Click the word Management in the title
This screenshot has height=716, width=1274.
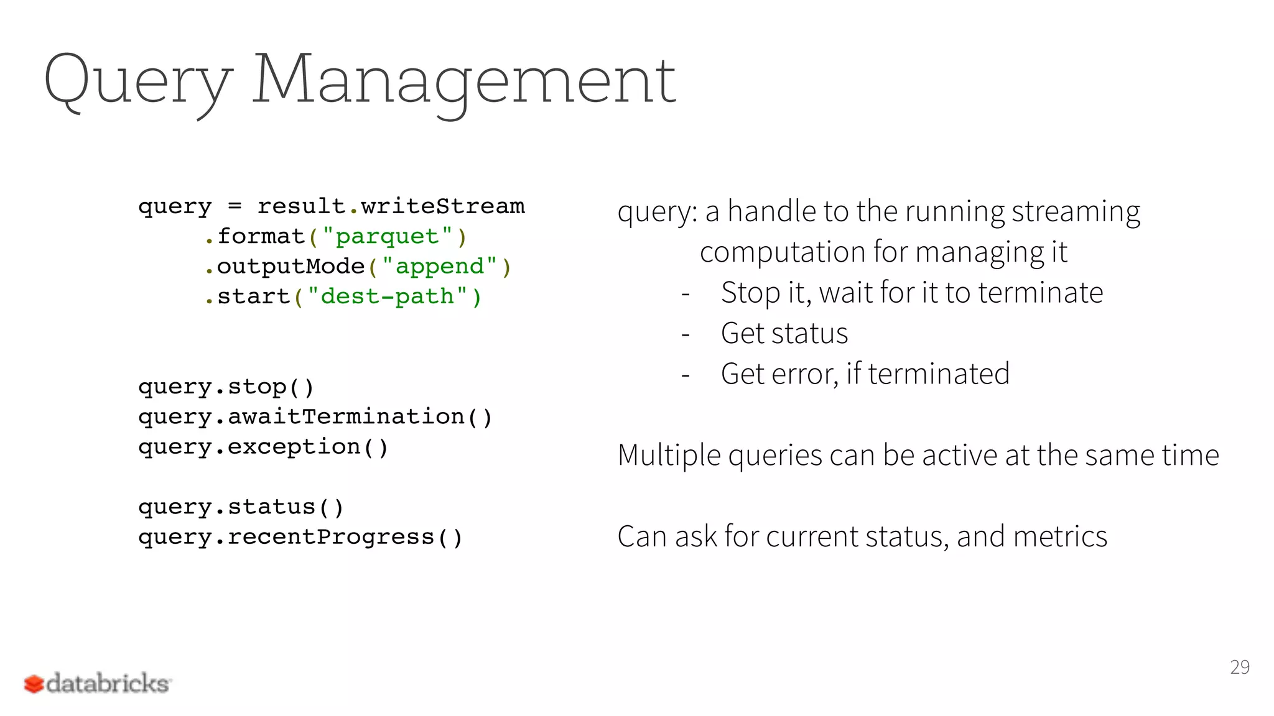pos(463,81)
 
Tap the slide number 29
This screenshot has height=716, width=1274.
pos(1239,667)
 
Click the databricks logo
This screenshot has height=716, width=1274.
pos(97,683)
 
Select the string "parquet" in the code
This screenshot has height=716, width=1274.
pos(387,237)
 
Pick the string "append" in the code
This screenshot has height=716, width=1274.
pos(439,267)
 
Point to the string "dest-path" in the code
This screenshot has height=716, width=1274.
pos(387,296)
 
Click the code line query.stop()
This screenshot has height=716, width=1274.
pos(226,387)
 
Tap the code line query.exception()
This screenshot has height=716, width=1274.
pos(263,447)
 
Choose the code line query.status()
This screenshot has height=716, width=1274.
pos(241,507)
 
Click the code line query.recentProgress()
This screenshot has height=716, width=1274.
pos(300,537)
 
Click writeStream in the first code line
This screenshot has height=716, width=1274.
pos(443,206)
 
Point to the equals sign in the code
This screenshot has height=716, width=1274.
pos(235,206)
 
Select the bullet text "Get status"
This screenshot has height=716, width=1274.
pos(784,334)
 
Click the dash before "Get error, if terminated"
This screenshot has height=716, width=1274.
pos(686,375)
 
